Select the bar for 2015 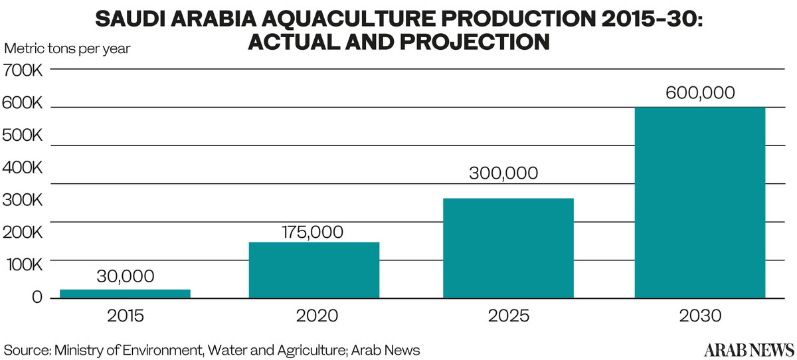coord(125,294)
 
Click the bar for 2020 coord(314,270)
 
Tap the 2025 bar coord(508,248)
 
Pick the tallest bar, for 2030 coord(701,202)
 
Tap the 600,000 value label coord(700,92)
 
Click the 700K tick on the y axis coord(23,69)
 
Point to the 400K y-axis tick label coord(23,167)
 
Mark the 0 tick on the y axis coord(37,298)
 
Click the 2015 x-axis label coord(124,315)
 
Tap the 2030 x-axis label coord(700,315)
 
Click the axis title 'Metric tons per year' coord(68,48)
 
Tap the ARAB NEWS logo coord(749,349)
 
